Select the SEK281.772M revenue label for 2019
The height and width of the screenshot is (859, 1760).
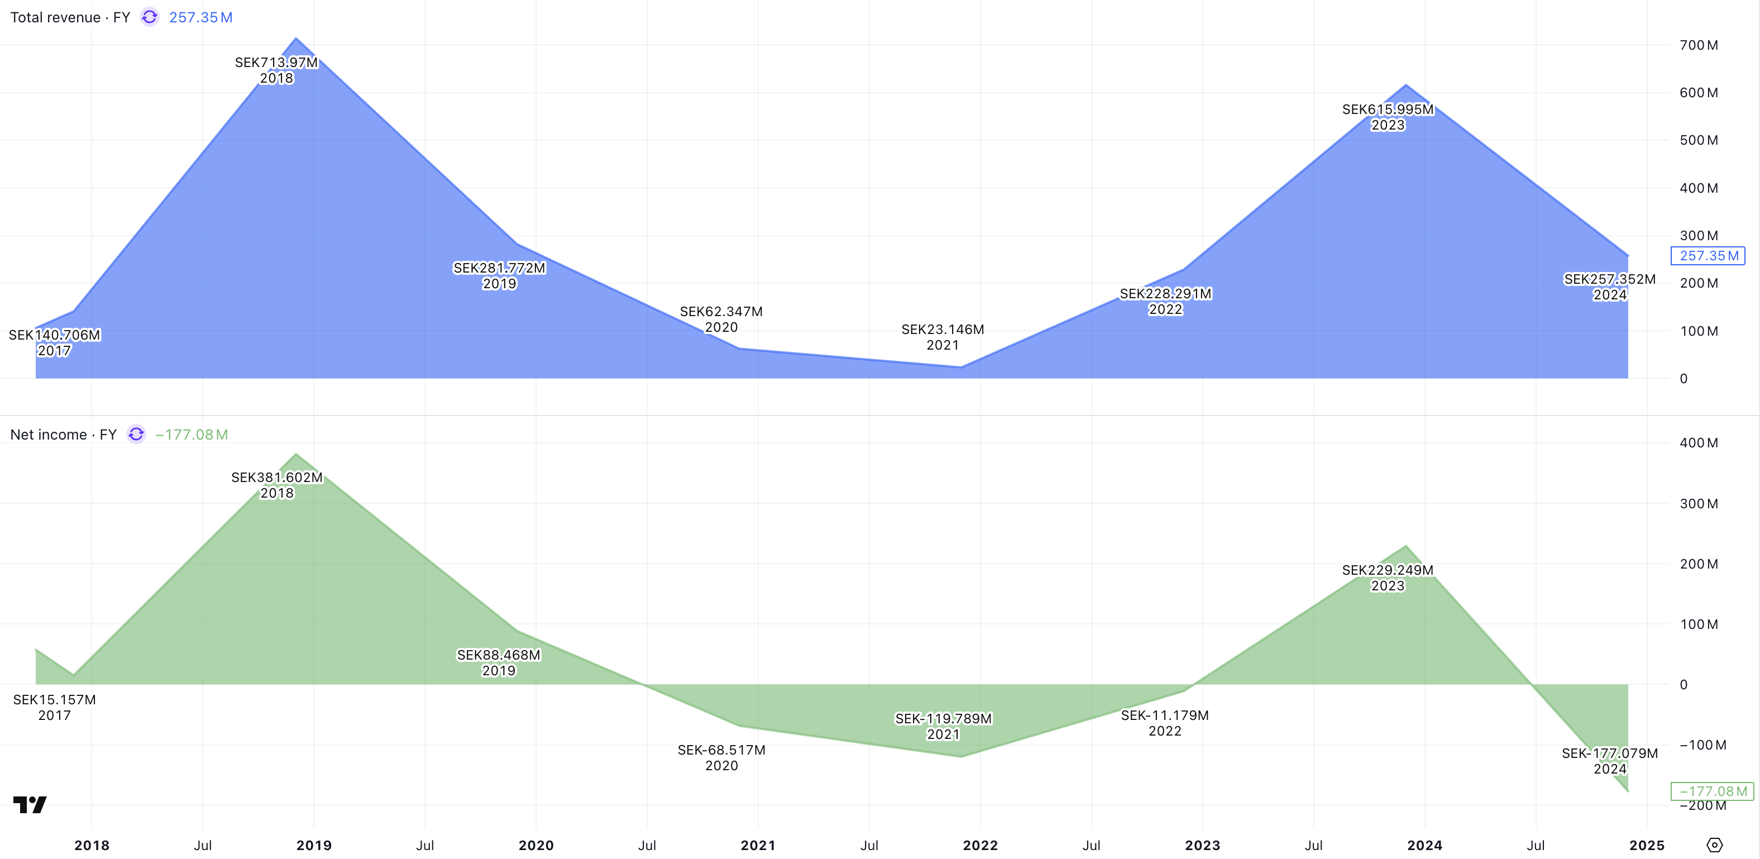[499, 269]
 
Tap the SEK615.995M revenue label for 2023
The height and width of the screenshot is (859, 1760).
[1388, 110]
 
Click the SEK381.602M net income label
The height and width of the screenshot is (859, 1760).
[277, 478]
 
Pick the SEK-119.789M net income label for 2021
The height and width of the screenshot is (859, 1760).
[943, 719]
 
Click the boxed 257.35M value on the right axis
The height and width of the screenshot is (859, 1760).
[1708, 256]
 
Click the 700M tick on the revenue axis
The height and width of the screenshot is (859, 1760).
[1699, 46]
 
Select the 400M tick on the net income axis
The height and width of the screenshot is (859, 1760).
[1699, 443]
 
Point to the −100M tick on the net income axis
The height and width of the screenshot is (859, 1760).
[1702, 745]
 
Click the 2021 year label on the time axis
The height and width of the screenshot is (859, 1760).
[758, 846]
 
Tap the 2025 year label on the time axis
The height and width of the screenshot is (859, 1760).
[1647, 846]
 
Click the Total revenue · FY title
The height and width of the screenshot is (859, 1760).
[70, 18]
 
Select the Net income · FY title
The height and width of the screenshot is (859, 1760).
[63, 435]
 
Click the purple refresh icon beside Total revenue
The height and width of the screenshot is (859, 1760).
[150, 17]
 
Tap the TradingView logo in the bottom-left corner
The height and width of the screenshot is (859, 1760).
[30, 804]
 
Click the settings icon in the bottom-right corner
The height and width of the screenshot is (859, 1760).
[1714, 846]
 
